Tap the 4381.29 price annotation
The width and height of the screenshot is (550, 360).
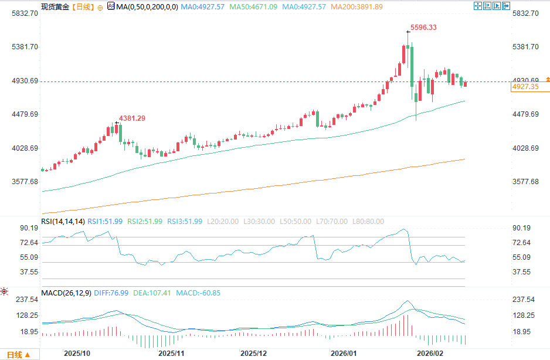coord(132,118)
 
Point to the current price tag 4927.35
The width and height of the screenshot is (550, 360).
coord(525,87)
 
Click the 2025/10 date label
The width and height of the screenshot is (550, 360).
coord(77,354)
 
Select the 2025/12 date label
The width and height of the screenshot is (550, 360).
coord(254,354)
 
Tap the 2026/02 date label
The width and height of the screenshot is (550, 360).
coord(429,354)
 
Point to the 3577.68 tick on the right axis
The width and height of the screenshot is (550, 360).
coord(525,182)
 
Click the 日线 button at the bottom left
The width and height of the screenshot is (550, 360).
coord(18,355)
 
